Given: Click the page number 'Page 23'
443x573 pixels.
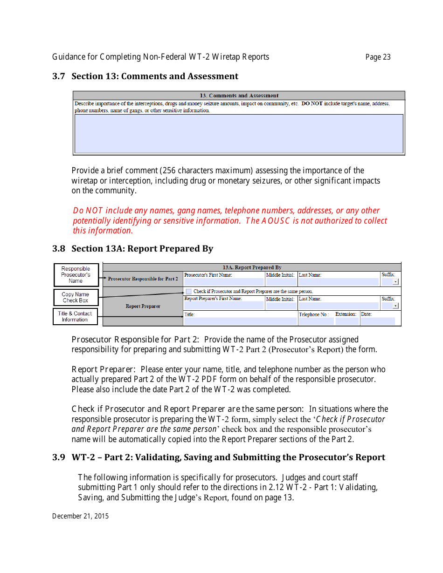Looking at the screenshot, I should [x=378, y=57].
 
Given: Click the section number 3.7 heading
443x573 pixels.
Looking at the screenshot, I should [x=59, y=76].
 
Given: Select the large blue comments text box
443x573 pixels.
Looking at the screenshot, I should [x=239, y=134].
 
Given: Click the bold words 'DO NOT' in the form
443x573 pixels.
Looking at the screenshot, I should [x=312, y=104].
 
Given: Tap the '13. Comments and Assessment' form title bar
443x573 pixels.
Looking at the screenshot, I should [x=239, y=95].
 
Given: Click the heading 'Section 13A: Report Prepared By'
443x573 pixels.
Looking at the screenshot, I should [x=142, y=249].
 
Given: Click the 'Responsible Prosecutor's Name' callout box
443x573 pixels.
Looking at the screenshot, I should [x=76, y=275].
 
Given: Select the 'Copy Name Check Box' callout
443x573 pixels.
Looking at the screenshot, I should [x=76, y=297].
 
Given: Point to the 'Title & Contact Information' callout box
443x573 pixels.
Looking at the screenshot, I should [x=75, y=317].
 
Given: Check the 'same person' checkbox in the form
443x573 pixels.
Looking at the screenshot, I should [x=188, y=291].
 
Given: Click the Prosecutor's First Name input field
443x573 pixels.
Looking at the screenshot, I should [x=224, y=282].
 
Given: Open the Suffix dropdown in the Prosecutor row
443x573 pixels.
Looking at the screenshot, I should [x=395, y=282].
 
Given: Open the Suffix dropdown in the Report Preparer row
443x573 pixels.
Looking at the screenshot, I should [x=395, y=306].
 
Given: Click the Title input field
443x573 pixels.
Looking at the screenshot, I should [x=240, y=321].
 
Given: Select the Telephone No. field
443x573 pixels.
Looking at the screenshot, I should [x=316, y=321].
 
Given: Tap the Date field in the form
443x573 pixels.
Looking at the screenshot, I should [x=378, y=321].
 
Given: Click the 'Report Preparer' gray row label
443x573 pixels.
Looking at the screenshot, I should [x=143, y=307].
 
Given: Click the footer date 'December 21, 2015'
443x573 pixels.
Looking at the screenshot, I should [x=80, y=516].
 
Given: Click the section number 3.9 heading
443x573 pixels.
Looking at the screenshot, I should [x=59, y=457].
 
